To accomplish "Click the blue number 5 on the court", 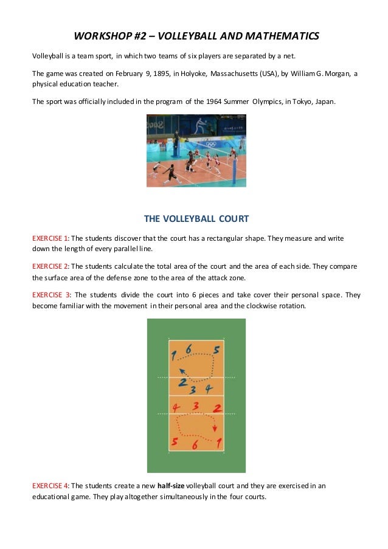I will tap(216, 351).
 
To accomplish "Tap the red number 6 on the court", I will tap(195, 445).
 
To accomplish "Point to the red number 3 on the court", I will tap(196, 406).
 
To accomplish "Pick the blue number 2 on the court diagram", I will tap(182, 383).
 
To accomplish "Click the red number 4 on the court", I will tap(176, 407).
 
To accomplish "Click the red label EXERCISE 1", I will tap(51, 238).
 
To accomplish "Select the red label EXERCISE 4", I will tap(51, 485).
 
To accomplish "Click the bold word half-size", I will tap(171, 485).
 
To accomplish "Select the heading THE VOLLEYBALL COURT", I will tap(196, 218).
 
